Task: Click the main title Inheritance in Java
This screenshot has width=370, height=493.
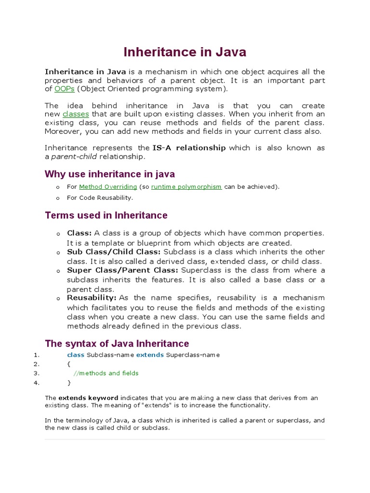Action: (185, 52)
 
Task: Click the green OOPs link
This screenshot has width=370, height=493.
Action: (65, 89)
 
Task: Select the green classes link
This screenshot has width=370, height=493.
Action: (76, 114)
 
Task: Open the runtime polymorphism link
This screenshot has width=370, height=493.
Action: (186, 187)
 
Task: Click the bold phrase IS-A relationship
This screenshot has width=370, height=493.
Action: (188, 148)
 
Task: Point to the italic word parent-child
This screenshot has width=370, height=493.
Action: (74, 156)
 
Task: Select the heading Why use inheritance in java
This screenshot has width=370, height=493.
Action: (110, 174)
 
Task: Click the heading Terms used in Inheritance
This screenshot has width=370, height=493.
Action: (106, 215)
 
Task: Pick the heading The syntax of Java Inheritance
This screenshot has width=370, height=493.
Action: (117, 344)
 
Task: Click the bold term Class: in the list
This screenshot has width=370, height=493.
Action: (79, 234)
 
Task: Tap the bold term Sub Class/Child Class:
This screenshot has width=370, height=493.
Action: (114, 252)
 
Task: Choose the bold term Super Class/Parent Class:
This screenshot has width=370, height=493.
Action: (122, 271)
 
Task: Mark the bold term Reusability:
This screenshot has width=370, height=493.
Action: (92, 298)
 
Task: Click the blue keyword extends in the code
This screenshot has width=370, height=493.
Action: (150, 355)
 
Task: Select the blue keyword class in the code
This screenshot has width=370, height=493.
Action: (76, 355)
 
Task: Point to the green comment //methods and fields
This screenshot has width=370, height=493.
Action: (106, 373)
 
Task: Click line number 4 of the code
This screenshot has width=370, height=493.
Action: (36, 383)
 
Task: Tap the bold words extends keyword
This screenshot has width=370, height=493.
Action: (88, 398)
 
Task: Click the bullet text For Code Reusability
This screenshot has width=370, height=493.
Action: (100, 198)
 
